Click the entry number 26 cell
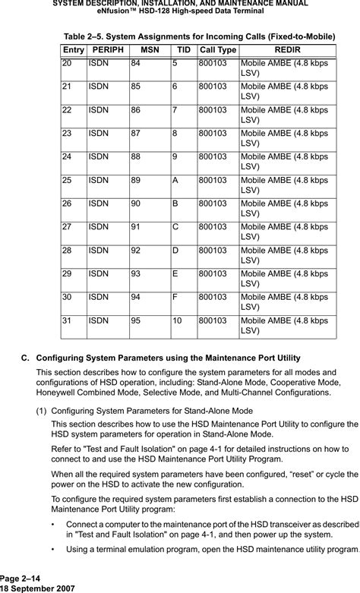(x=67, y=203)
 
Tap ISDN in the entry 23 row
(x=97, y=132)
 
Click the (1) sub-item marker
(x=43, y=411)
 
